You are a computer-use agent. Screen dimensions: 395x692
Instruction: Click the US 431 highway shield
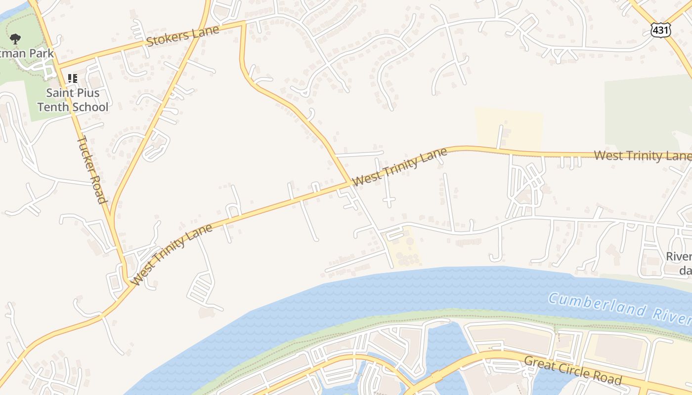click(660, 30)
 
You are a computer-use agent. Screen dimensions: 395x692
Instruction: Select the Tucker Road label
click(91, 169)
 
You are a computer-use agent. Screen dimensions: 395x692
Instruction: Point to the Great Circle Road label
click(572, 370)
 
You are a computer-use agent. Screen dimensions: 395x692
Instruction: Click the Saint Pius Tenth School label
click(73, 100)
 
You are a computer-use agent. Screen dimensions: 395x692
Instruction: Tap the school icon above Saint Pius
click(73, 79)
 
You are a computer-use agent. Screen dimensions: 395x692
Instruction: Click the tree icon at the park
click(15, 39)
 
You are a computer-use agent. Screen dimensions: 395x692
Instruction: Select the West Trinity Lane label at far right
click(642, 156)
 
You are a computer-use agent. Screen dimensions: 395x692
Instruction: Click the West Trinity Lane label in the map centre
click(400, 167)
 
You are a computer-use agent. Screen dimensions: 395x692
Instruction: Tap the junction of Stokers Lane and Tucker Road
click(58, 66)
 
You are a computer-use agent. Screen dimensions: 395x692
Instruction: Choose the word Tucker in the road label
click(85, 151)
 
